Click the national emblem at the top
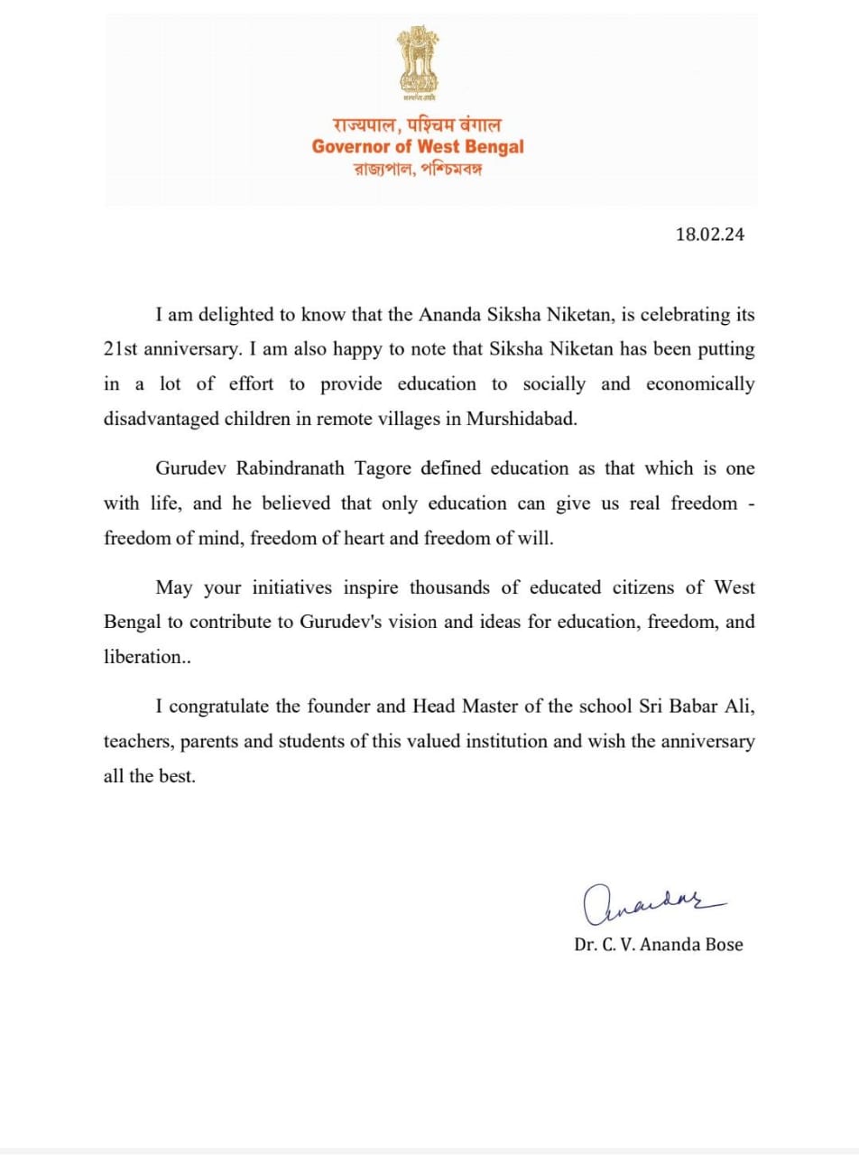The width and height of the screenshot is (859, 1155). click(418, 63)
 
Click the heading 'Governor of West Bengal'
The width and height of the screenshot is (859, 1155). click(418, 146)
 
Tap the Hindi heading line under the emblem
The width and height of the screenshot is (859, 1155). click(418, 125)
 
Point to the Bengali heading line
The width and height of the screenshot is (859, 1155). click(418, 169)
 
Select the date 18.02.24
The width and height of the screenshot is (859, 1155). click(709, 235)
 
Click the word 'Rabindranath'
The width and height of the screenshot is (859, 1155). click(287, 468)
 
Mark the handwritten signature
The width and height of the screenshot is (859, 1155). click(649, 903)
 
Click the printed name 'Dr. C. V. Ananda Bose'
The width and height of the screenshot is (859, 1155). click(659, 945)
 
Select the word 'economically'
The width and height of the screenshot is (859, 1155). click(700, 383)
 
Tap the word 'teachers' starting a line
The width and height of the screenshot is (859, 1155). click(137, 742)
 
